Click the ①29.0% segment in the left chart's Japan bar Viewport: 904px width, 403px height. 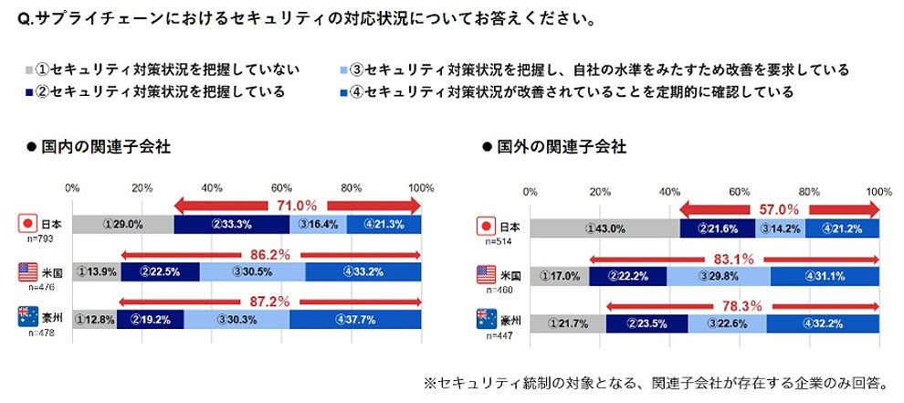tap(122, 224)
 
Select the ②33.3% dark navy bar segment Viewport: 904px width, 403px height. tap(231, 224)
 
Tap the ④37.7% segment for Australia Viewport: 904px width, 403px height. tap(355, 319)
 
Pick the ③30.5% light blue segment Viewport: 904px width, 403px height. tap(252, 271)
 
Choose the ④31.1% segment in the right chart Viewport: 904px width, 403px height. tap(825, 275)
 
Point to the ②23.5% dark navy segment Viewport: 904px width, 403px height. tap(646, 322)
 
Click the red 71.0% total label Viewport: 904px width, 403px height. tap(297, 206)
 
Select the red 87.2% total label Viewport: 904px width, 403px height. tap(270, 301)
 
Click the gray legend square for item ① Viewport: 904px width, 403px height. tap(29, 69)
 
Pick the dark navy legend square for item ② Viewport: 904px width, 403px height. tap(29, 91)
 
